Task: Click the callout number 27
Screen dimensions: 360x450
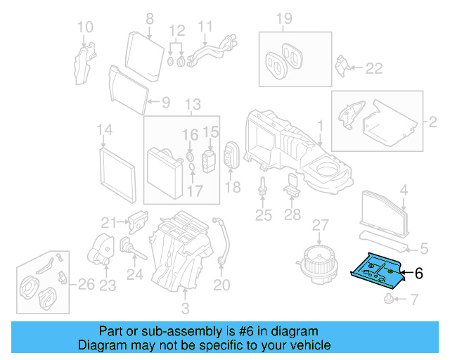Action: pos(321,226)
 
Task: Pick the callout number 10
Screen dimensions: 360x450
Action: pos(84,27)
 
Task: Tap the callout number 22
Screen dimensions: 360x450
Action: pos(374,67)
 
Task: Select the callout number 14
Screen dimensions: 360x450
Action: pos(105,129)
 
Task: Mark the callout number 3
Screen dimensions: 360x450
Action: pos(185,308)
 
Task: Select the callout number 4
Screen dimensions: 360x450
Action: pos(404,189)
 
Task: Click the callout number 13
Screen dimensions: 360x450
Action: pos(192,105)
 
